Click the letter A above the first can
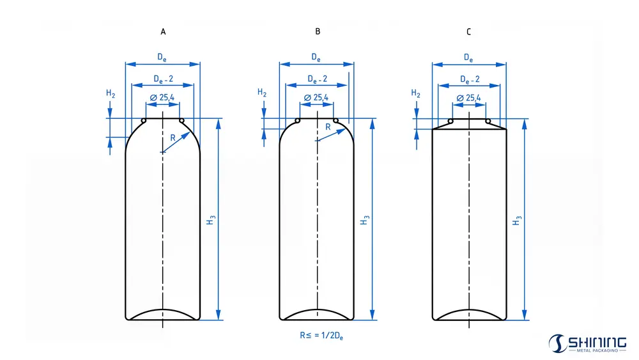pos(163,31)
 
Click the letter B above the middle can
pos(318,31)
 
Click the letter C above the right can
pos(469,31)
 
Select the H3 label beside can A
pos(211,220)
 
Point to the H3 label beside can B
pos(364,220)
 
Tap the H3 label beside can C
pos(517,220)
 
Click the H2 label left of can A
pos(111,93)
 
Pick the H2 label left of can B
pos(263,93)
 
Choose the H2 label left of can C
pos(416,93)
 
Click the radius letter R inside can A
pos(172,137)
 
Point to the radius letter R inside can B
pos(328,127)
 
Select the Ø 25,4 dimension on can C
pos(469,98)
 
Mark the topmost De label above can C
pos(468,58)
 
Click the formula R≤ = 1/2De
pos(317,334)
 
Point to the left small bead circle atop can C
pos(450,121)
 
